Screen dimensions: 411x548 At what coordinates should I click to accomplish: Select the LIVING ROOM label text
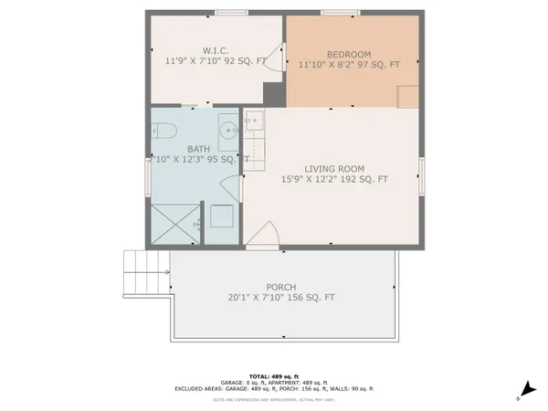(x=335, y=168)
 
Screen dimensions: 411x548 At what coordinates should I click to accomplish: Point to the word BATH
(x=198, y=148)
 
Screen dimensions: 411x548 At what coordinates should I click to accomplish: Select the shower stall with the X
(x=174, y=223)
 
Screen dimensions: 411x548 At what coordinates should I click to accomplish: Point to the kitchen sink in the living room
(x=253, y=120)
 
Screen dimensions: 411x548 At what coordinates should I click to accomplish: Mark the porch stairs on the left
(x=143, y=271)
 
